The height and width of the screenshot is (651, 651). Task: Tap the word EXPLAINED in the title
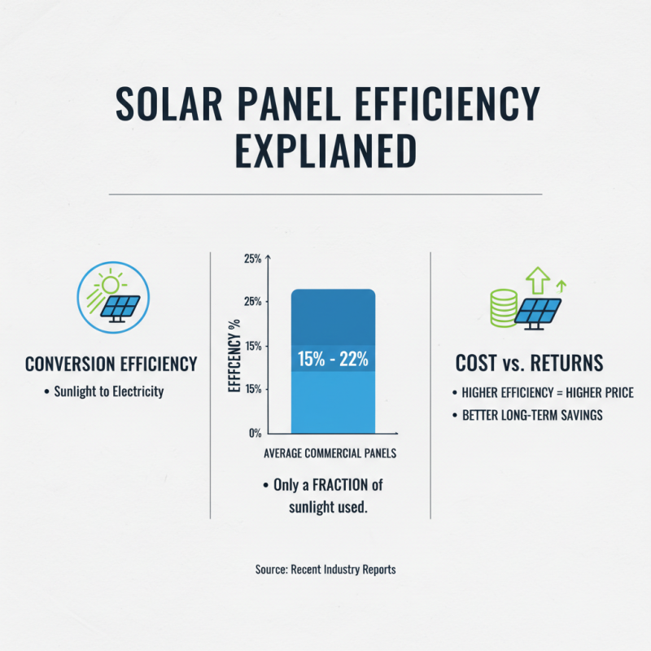coord(325,151)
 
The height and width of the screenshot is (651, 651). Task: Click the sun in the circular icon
coord(109,286)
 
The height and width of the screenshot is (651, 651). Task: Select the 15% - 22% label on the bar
coord(334,358)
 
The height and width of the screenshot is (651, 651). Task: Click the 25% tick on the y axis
coord(252,259)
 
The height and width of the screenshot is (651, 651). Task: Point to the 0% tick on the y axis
coord(254,432)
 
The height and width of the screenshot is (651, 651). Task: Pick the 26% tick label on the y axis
coord(252,302)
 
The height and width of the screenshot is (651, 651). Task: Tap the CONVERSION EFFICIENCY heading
coord(111,364)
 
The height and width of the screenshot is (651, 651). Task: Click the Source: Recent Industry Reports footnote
coord(325,570)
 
